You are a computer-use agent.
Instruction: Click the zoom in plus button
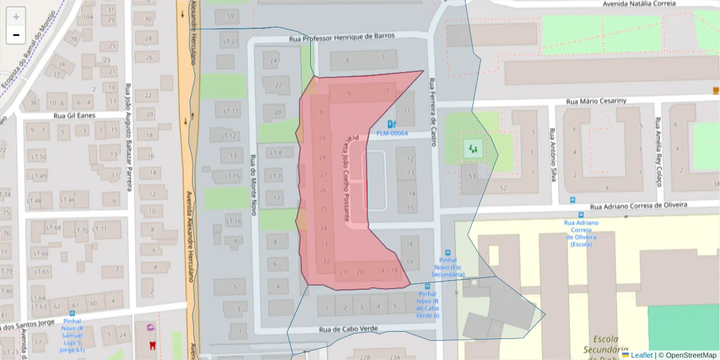pyautogui.click(x=16, y=16)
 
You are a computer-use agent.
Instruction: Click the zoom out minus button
pyautogui.click(x=16, y=35)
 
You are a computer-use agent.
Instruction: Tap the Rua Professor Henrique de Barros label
pyautogui.click(x=341, y=36)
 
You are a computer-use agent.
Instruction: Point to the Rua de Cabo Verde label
pyautogui.click(x=348, y=329)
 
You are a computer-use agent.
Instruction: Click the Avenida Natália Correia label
pyautogui.click(x=639, y=4)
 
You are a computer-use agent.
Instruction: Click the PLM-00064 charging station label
pyautogui.click(x=392, y=133)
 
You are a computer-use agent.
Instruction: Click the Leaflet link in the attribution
pyautogui.click(x=641, y=355)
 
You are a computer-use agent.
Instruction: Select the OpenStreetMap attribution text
pyautogui.click(x=687, y=355)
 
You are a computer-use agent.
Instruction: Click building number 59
pyautogui.click(x=231, y=15)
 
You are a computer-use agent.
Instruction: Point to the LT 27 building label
pyautogui.click(x=230, y=42)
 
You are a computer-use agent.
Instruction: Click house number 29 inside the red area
pyautogui.click(x=323, y=139)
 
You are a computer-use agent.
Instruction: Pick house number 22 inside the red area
pyautogui.click(x=326, y=261)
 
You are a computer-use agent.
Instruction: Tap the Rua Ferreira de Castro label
pyautogui.click(x=431, y=114)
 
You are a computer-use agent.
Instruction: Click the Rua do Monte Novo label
pyautogui.click(x=253, y=186)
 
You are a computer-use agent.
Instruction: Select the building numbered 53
pyautogui.click(x=472, y=176)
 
